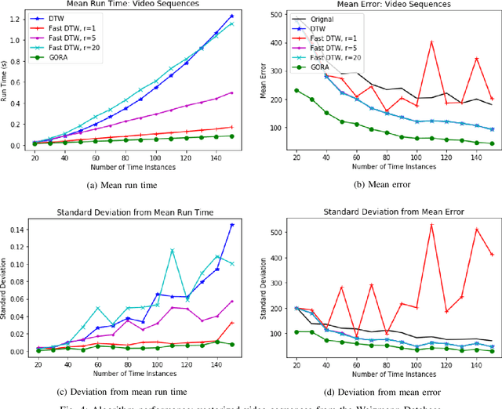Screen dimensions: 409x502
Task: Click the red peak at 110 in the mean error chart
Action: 431,42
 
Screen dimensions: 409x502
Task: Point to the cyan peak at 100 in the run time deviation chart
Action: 173,250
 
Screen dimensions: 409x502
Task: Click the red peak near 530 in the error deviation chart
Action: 431,225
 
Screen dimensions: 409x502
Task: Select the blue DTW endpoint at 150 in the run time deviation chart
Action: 232,225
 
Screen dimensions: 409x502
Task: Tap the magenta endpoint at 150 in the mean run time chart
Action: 232,92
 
